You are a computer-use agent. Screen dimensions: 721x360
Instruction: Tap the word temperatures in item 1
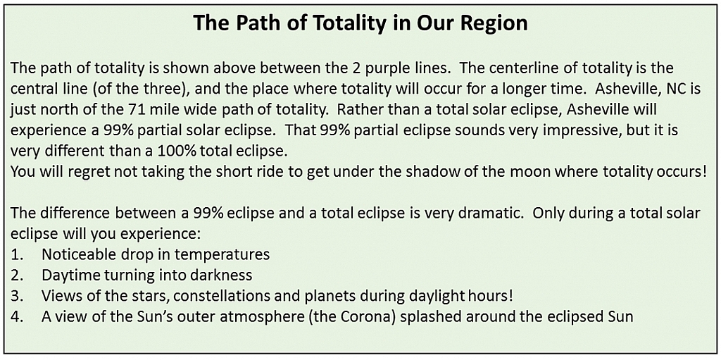[x=223, y=254]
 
